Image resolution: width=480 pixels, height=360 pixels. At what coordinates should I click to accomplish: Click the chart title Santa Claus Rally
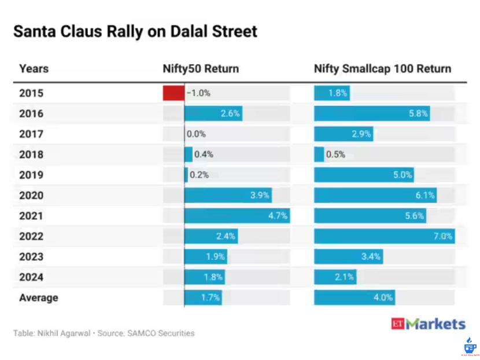coord(135,31)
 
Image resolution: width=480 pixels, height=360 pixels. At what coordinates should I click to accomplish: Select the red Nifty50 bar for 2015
coord(173,93)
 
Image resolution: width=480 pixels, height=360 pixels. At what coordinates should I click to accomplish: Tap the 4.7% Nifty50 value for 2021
coord(278,216)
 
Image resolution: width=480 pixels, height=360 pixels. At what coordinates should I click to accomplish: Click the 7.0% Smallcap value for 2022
coord(442,236)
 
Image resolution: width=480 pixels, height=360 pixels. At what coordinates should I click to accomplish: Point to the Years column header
coord(34,68)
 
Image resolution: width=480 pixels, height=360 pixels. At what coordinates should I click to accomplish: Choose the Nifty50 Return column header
coord(201,68)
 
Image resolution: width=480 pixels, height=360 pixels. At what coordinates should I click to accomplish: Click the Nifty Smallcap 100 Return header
coord(382,68)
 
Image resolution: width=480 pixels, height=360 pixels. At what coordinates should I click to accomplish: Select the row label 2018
coord(31,155)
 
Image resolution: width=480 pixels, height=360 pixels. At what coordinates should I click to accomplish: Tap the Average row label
coord(39,297)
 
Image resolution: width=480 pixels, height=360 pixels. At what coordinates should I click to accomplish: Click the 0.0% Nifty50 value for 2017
coord(196,134)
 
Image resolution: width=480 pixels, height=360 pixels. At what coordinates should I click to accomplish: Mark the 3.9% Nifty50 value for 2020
coord(260,196)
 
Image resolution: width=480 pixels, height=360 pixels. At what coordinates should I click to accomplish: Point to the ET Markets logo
coord(428,324)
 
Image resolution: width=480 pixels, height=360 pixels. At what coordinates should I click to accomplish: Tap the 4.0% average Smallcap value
coord(383,297)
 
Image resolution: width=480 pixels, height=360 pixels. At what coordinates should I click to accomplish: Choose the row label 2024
coord(31,277)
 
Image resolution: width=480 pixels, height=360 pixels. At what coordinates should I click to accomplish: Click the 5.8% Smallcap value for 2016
coord(418,113)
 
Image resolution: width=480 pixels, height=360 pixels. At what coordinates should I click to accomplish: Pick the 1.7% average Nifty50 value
coord(211,297)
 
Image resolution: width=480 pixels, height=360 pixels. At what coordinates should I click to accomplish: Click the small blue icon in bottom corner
coord(469,346)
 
